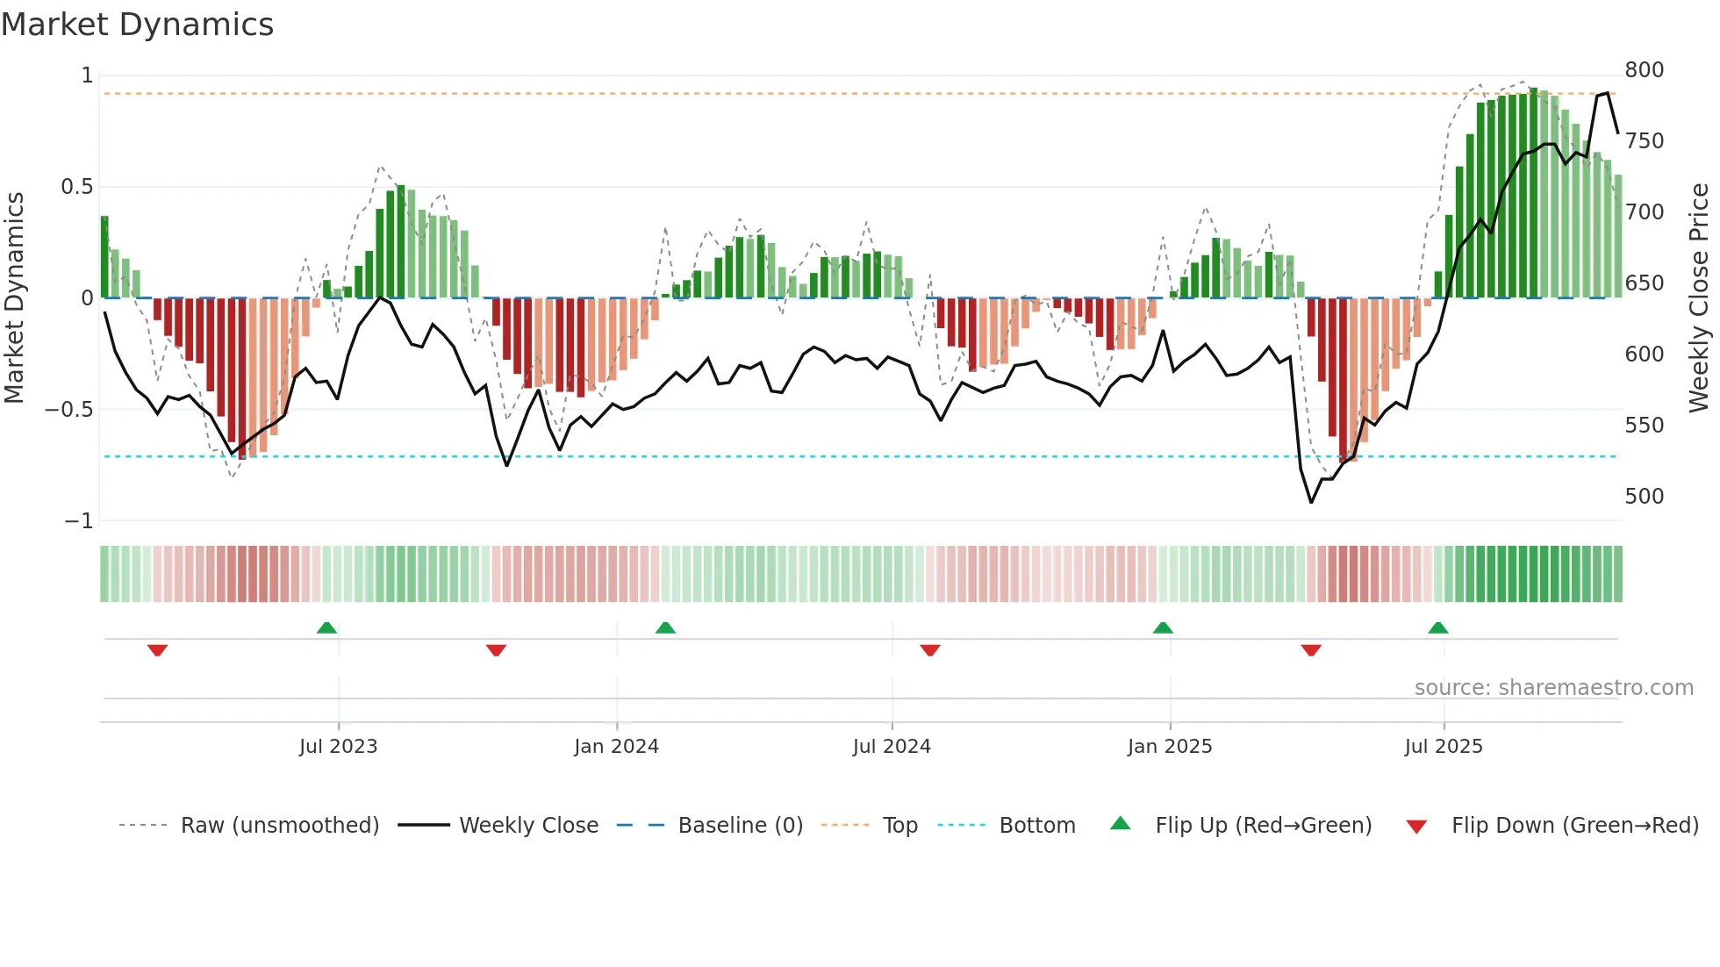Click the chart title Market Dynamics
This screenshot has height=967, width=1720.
click(138, 25)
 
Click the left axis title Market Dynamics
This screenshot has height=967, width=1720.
click(14, 297)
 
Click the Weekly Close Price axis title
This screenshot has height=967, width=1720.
click(1700, 297)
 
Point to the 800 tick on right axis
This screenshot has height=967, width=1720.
click(1644, 70)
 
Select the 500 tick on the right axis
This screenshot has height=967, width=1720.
click(1644, 497)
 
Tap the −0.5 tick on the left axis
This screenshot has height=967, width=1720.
click(68, 410)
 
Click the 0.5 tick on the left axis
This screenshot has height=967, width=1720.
click(76, 187)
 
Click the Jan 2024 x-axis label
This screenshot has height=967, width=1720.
click(616, 747)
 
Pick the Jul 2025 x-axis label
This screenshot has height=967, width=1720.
click(1444, 747)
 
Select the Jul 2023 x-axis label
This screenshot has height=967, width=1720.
click(338, 747)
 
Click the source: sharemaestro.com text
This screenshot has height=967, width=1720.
click(1553, 688)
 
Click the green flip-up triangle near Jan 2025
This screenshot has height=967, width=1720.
click(1163, 628)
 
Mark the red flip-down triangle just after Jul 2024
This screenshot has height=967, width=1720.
click(930, 650)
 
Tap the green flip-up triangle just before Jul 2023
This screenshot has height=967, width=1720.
click(326, 628)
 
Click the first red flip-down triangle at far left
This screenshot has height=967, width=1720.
click(158, 650)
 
